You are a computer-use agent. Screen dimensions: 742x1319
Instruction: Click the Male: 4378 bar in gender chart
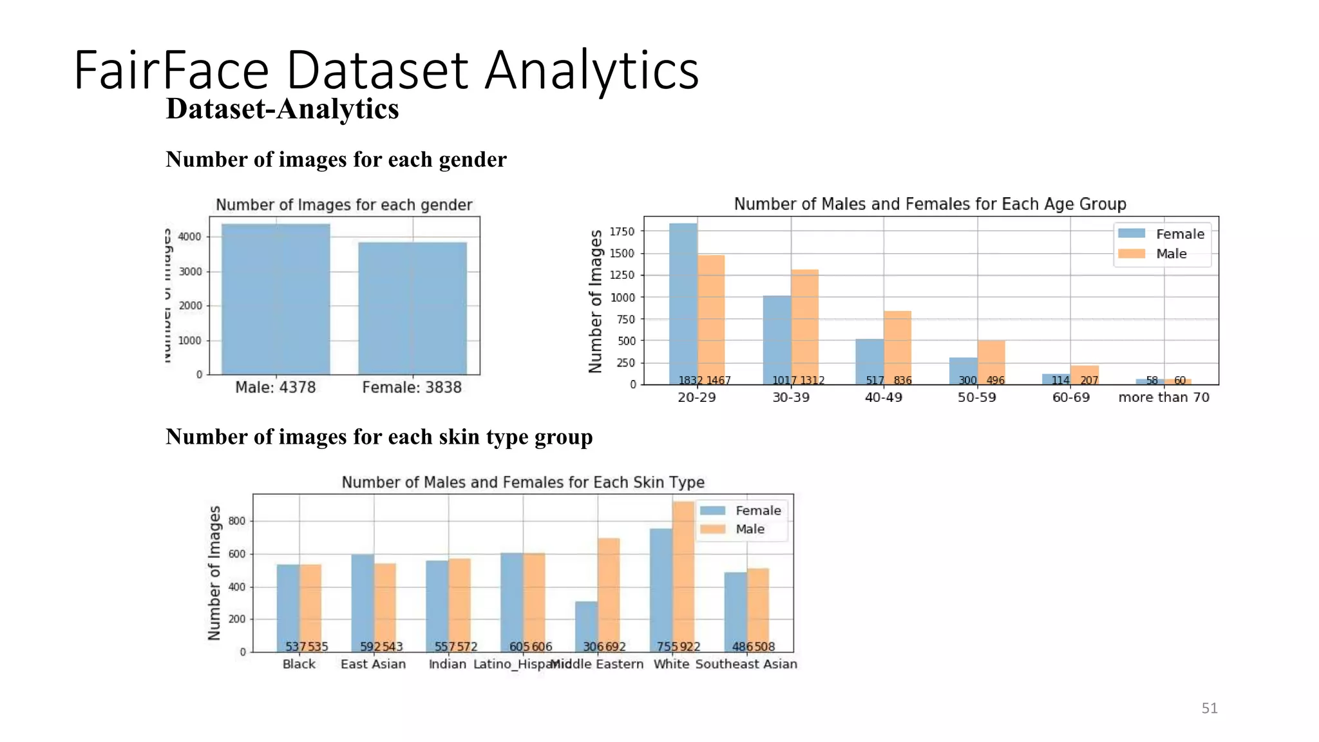click(x=276, y=300)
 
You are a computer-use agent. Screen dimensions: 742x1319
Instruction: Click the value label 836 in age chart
click(x=902, y=381)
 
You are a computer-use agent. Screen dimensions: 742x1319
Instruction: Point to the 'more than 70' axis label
click(x=1164, y=397)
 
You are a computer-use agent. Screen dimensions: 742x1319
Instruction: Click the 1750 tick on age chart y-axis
click(x=622, y=231)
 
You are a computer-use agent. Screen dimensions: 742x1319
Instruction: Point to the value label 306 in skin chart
click(x=593, y=647)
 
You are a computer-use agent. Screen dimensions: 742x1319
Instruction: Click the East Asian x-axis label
click(x=373, y=664)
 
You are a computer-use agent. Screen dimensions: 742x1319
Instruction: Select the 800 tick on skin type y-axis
click(x=236, y=521)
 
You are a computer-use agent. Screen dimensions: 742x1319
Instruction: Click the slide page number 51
click(x=1209, y=709)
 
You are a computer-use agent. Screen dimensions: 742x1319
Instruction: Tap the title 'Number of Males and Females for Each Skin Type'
click(x=522, y=482)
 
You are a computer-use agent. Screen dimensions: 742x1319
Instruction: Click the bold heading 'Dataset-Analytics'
click(x=282, y=109)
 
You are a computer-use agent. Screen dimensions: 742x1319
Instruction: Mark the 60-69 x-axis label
click(x=1070, y=397)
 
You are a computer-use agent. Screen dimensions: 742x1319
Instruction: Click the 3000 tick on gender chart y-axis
click(x=190, y=272)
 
